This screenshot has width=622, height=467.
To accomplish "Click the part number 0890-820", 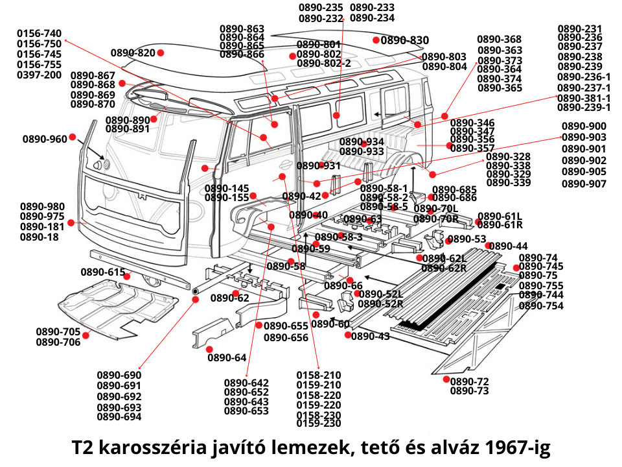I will (133, 53).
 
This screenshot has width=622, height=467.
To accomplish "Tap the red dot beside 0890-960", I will (73, 137).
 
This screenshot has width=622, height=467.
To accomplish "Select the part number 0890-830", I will (405, 40).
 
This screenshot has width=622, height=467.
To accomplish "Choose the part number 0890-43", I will (371, 336).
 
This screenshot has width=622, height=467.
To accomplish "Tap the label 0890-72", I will (470, 381).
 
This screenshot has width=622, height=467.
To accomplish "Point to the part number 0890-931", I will (319, 166).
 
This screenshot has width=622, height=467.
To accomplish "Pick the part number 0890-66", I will (343, 286).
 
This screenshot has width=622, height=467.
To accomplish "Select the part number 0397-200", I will (39, 75).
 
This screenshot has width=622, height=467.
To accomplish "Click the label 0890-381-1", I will (584, 98).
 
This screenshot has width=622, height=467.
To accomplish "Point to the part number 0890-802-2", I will (324, 64).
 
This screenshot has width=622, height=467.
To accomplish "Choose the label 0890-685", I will (455, 189).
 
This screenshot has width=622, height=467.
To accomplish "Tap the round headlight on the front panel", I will (106, 165).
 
